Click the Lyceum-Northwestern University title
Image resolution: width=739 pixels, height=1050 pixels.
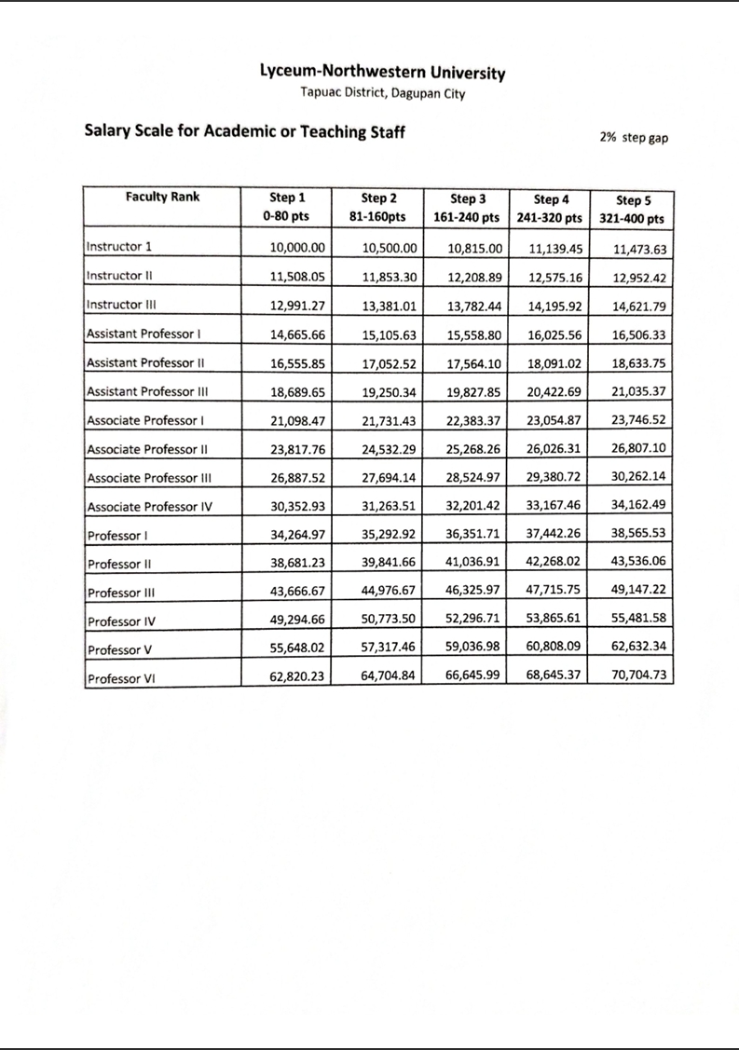pos(383,73)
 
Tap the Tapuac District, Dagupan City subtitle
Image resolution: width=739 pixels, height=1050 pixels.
pos(383,93)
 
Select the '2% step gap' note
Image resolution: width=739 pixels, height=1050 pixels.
pos(634,137)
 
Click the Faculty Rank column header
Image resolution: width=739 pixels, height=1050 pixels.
pos(162,198)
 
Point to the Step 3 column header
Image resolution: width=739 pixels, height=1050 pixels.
pos(468,208)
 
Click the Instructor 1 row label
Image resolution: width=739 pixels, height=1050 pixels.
pos(119,247)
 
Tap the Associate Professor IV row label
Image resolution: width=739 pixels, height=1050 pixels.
pos(149,507)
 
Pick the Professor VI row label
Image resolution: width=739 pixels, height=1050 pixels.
pos(120,678)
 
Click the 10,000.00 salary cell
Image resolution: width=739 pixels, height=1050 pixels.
pos(296,249)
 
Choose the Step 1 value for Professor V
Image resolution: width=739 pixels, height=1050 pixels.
pos(296,648)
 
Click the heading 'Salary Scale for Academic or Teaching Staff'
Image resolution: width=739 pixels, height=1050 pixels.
pos(245,131)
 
